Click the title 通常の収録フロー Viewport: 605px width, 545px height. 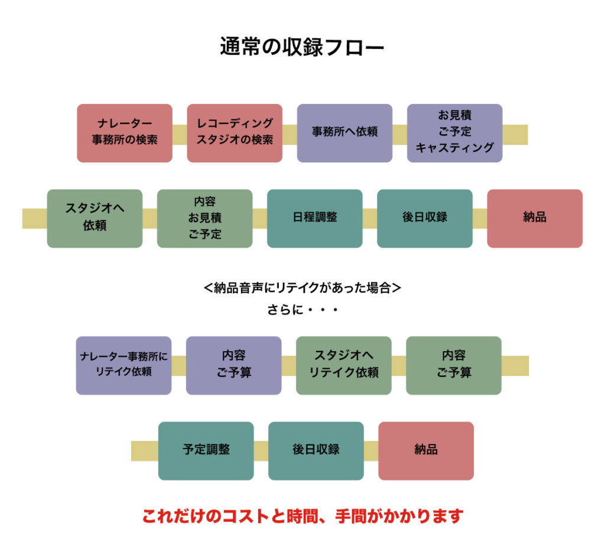point(302,47)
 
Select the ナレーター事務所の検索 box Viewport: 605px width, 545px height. point(125,133)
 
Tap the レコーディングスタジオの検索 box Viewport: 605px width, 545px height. point(235,133)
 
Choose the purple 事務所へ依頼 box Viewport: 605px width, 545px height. point(344,133)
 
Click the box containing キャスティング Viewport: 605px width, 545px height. point(454,133)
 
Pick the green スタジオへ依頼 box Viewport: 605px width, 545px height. point(95,218)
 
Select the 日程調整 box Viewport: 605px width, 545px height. point(314,218)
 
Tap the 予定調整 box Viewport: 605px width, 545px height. point(206,450)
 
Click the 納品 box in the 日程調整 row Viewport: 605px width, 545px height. point(535,218)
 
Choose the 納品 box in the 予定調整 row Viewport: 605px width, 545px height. point(425,450)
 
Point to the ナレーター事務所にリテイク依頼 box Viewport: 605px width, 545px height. point(123,365)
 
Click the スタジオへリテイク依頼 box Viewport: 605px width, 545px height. point(343,365)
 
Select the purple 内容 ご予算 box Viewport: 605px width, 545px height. point(233,365)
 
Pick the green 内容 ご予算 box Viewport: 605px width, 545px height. point(453,365)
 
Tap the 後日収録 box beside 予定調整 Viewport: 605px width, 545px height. point(315,450)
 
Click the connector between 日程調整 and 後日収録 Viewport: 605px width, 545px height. point(369,218)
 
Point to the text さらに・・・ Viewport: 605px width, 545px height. point(302,310)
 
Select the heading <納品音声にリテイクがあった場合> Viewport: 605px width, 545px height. point(302,288)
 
